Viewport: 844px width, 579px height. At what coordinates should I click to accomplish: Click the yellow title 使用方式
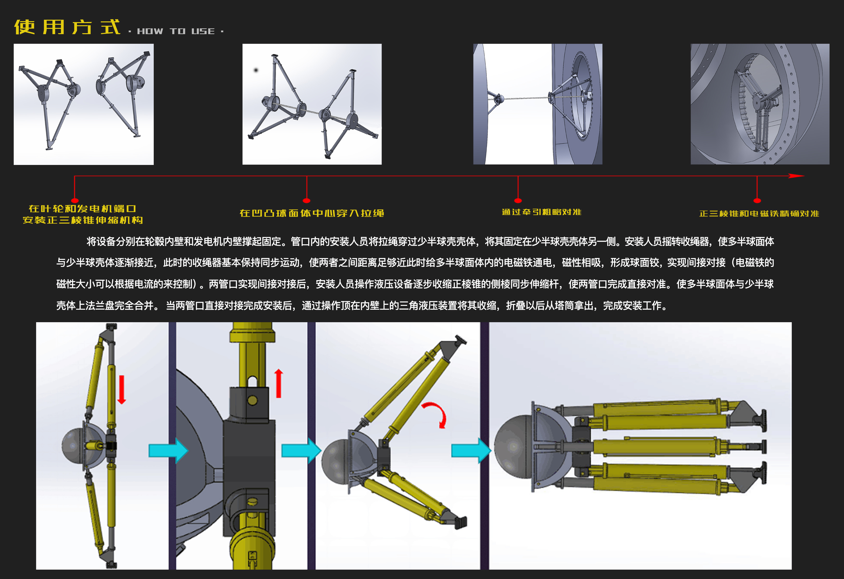(67, 27)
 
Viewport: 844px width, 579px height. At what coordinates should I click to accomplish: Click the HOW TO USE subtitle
(176, 31)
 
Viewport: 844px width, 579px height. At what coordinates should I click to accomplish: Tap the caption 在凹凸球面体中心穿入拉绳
(312, 213)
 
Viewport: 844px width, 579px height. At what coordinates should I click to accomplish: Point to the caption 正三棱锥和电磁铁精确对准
(759, 214)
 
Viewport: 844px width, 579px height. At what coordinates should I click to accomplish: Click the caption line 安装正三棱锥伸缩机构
(83, 220)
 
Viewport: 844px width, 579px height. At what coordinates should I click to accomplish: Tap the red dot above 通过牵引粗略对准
(518, 200)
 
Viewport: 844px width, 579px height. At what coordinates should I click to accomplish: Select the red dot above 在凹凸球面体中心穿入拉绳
(307, 200)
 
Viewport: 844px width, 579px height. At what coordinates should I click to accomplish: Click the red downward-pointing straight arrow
(122, 390)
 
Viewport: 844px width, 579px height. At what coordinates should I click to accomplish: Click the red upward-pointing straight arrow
(279, 383)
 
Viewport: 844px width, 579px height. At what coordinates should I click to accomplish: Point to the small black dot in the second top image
(256, 70)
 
